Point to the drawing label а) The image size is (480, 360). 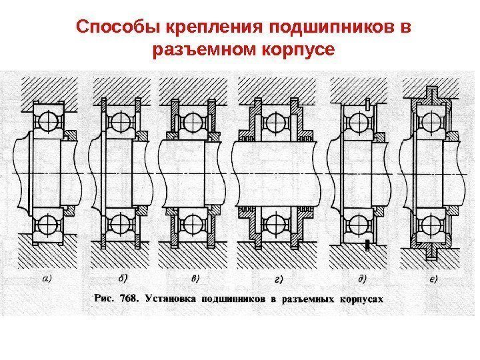coord(49,279)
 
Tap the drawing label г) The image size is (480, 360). coord(277,280)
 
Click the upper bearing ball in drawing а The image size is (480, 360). coord(47,122)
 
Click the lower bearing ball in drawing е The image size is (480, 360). coord(429,223)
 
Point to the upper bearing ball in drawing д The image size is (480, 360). coord(358,122)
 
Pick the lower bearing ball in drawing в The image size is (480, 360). coord(193,223)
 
